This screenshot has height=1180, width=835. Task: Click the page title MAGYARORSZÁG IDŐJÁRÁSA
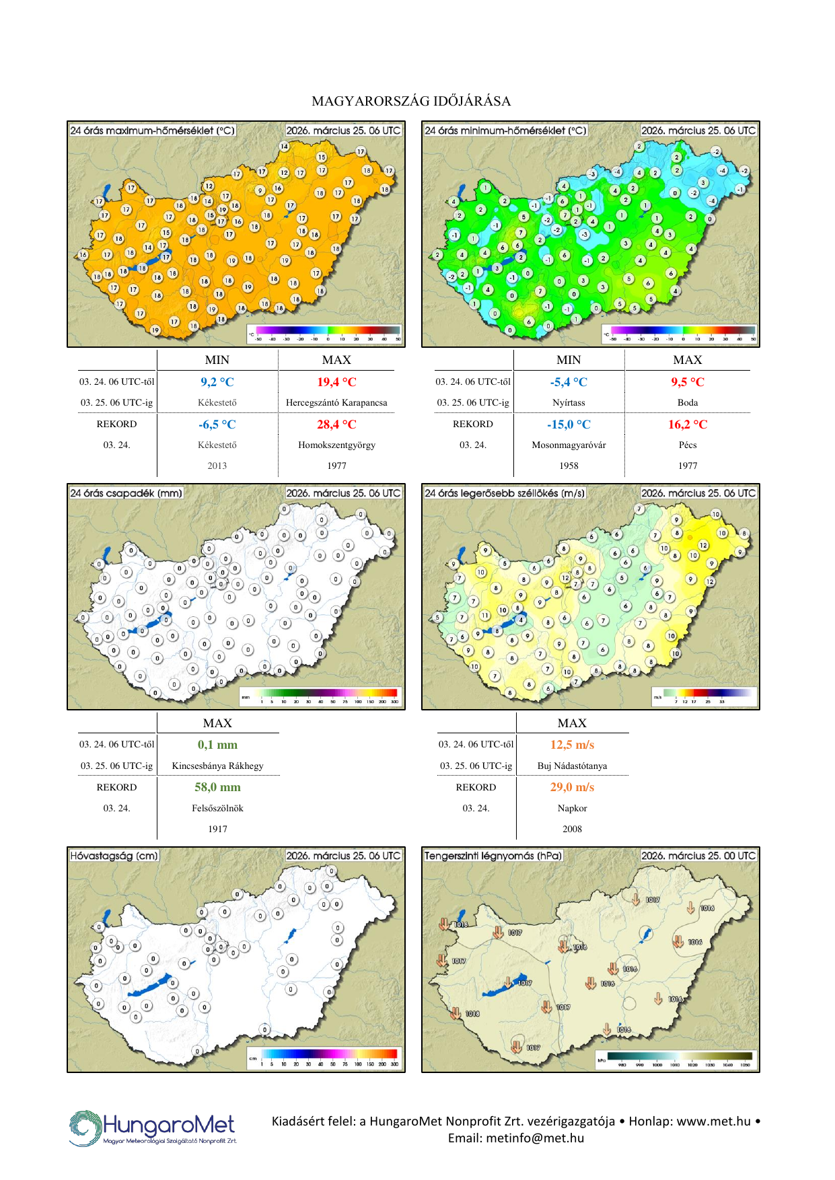pos(411,102)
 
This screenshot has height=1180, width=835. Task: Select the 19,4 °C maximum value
pos(336,382)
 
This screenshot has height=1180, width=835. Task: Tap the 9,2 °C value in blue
pos(217,382)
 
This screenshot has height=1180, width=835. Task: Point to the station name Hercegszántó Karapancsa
pos(336,403)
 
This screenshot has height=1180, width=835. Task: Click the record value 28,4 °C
pos(336,425)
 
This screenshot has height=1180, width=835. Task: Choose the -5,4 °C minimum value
pos(569,382)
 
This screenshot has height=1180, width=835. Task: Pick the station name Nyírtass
pos(569,403)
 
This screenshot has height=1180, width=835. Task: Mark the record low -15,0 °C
pos(569,425)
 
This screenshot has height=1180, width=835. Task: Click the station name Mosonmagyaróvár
pos(569,445)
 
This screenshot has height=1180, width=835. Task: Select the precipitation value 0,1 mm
pos(217,745)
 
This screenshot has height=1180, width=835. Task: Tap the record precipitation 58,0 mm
pos(217,787)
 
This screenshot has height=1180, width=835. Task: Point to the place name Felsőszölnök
pos(217,809)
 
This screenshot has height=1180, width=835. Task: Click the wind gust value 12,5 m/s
pos(572,745)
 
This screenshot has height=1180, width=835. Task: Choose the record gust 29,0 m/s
pos(572,787)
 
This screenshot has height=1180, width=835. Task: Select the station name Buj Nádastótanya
pos(572,766)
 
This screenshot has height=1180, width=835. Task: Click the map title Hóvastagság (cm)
pos(114,856)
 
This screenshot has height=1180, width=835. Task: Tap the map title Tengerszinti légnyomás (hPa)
pos(493,856)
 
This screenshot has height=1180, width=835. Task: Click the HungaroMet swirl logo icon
pos(85,1128)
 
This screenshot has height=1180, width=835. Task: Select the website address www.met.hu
pos(713,1121)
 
